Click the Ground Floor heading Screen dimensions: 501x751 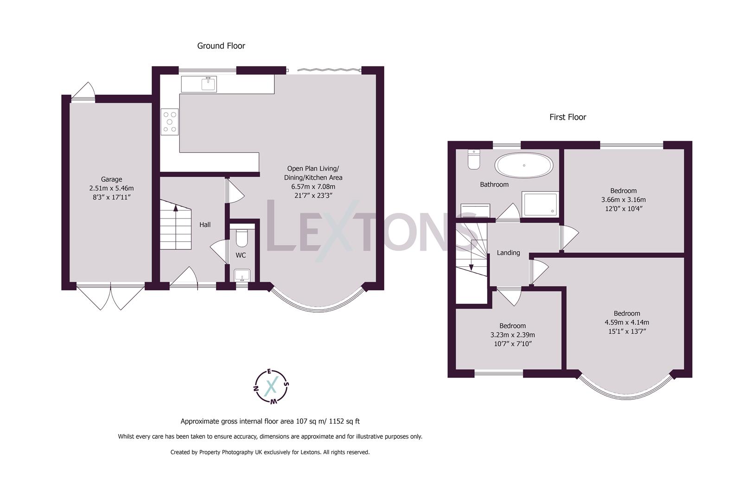[x=221, y=45]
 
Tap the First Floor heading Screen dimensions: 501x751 [x=567, y=117]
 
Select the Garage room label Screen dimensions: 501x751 [x=111, y=179]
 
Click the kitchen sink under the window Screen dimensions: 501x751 [x=209, y=84]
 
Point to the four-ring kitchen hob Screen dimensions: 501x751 [x=170, y=122]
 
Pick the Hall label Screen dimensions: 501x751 [x=205, y=225]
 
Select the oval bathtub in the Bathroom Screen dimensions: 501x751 [x=524, y=165]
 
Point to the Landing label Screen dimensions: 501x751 [x=508, y=253]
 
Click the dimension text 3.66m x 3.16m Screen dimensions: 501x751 [x=623, y=200]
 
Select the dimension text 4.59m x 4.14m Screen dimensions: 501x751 [x=626, y=322]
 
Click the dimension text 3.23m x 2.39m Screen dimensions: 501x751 [x=512, y=335]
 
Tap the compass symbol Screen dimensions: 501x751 [x=271, y=386]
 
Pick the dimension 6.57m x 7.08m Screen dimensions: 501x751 [x=312, y=186]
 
